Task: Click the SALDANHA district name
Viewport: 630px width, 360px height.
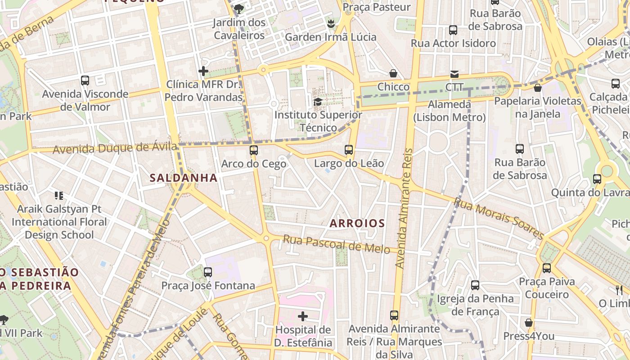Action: pos(183,178)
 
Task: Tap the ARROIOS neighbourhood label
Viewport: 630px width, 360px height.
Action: pos(357,223)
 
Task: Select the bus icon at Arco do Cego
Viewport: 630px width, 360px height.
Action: pos(254,150)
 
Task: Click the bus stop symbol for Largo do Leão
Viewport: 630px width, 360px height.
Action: pos(349,149)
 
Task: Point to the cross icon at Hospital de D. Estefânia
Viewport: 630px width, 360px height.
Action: pos(303,316)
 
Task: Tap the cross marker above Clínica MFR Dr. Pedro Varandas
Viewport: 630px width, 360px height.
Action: pos(203,71)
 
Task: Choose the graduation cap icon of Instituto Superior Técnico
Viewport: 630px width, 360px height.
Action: pos(318,102)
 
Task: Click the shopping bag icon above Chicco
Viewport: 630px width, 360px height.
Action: pos(393,73)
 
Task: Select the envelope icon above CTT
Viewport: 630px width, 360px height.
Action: pos(454,74)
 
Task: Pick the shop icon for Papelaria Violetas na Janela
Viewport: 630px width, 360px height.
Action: pos(537,88)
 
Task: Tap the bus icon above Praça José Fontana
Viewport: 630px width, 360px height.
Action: pos(207,272)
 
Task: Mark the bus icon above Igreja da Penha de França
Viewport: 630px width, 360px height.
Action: pos(475,285)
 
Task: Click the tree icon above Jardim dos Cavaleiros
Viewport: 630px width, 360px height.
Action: pos(239,9)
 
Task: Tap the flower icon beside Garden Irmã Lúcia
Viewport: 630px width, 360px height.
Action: pos(331,23)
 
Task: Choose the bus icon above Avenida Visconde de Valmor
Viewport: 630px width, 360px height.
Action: pos(85,81)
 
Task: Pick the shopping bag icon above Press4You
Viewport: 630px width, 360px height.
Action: pos(529,323)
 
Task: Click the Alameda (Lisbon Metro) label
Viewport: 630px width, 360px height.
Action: pos(450,111)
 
